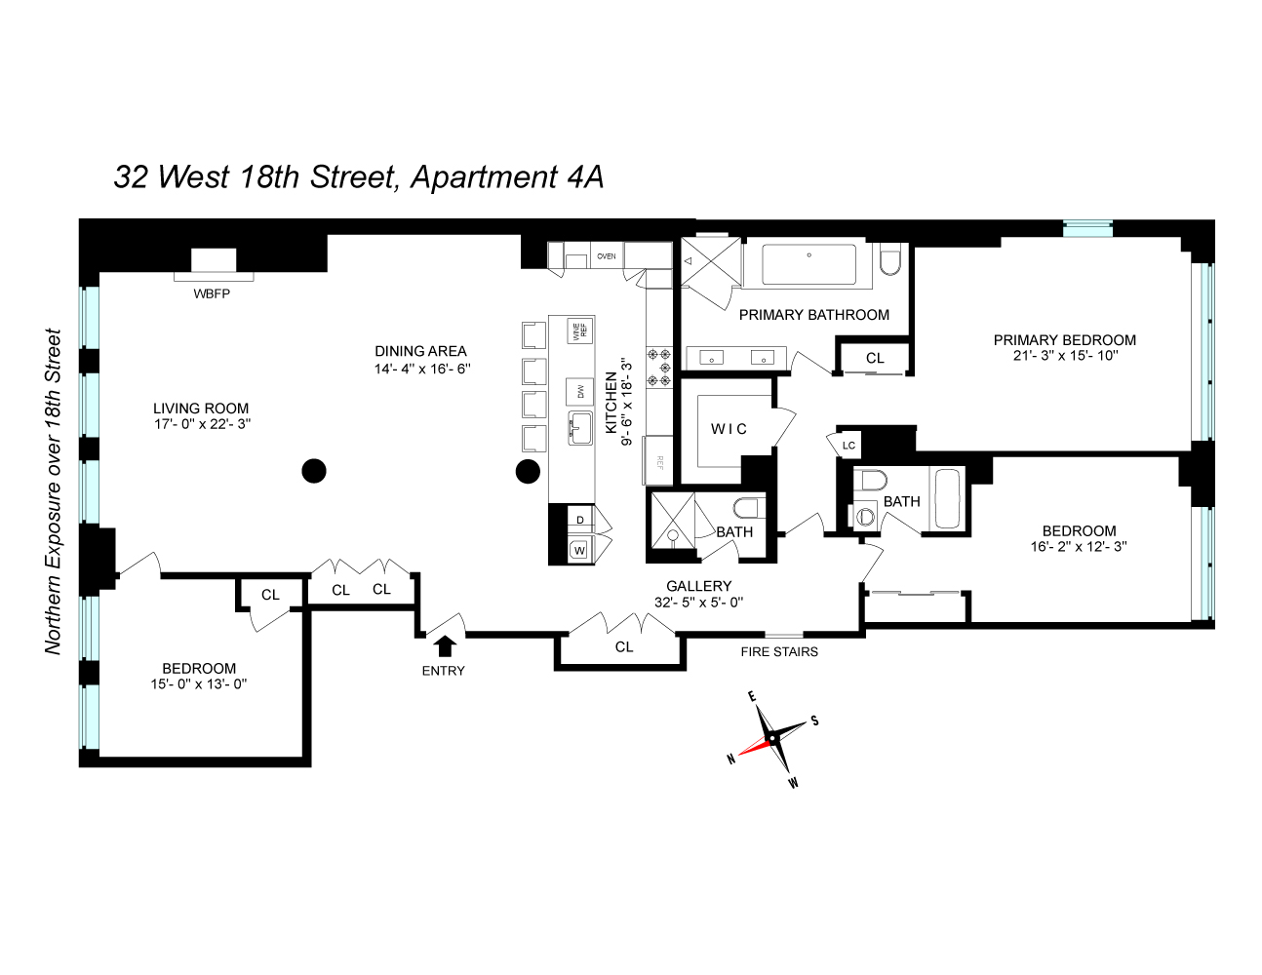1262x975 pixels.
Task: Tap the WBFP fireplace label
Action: point(212,293)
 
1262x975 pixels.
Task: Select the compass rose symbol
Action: point(772,739)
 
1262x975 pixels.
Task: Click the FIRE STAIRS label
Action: point(779,651)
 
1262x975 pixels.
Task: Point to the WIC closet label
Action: point(729,429)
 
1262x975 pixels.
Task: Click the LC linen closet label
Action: point(848,446)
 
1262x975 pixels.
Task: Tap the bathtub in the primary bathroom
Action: point(808,264)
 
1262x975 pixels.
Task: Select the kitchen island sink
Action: point(579,427)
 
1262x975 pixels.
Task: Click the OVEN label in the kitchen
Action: point(606,256)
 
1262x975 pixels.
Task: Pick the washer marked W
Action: point(579,551)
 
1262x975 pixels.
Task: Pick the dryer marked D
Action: point(579,520)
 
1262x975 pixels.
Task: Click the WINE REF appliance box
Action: point(579,331)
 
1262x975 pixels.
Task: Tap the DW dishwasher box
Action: point(579,391)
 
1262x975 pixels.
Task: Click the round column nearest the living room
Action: point(313,472)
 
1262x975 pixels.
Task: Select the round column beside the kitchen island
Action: point(528,472)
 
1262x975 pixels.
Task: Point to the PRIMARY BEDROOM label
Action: point(1064,340)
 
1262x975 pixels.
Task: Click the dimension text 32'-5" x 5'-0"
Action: point(698,602)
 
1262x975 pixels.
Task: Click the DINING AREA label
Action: point(420,351)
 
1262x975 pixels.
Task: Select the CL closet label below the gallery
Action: point(624,646)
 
